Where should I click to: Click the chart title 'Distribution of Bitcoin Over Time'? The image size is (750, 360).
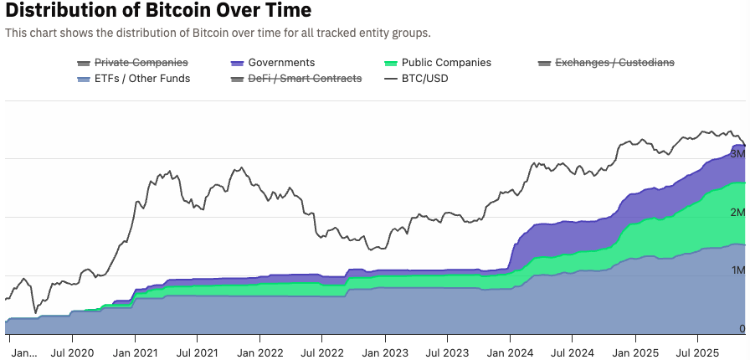click(158, 11)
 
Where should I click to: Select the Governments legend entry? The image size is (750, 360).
click(281, 63)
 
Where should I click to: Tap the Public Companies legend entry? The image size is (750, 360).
click(446, 63)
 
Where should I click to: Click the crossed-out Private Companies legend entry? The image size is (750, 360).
click(141, 63)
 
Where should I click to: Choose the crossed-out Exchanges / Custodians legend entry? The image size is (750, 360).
click(614, 63)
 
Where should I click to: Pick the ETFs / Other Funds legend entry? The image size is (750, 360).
click(141, 79)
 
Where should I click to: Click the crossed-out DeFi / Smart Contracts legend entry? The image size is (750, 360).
click(305, 79)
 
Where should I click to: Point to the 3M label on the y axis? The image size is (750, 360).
click(737, 154)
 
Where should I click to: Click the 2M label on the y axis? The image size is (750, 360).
click(737, 213)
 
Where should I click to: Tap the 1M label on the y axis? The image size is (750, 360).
click(737, 270)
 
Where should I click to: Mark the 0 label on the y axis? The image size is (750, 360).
click(741, 329)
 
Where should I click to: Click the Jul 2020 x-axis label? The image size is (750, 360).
click(71, 352)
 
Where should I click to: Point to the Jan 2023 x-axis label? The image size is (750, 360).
click(384, 352)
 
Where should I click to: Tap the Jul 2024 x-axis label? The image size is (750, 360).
click(573, 352)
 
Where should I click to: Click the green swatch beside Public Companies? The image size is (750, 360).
click(390, 63)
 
